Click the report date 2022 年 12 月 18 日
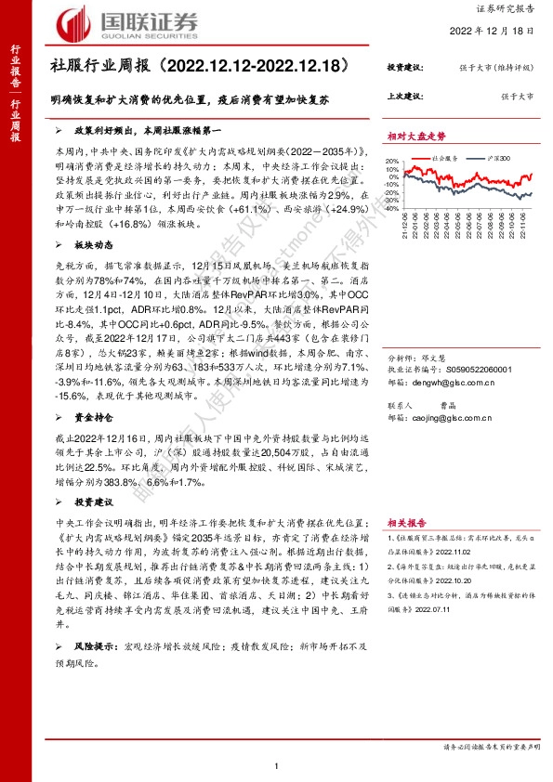(x=493, y=30)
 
